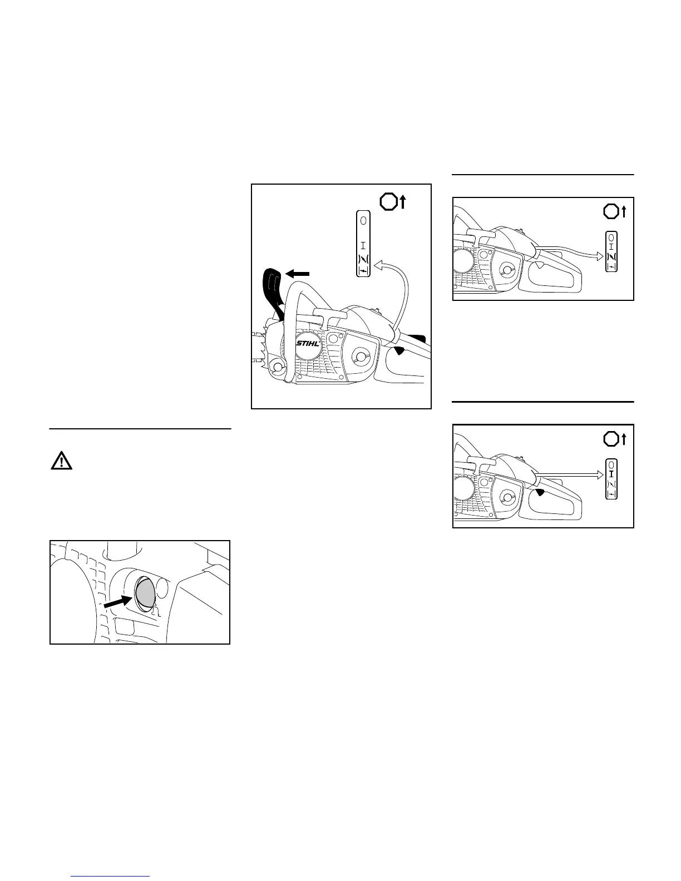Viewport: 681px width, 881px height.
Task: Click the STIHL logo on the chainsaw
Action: pyautogui.click(x=308, y=344)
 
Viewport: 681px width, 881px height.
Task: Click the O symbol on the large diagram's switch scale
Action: pyautogui.click(x=363, y=220)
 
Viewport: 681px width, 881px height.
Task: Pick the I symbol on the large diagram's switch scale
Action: pyautogui.click(x=363, y=244)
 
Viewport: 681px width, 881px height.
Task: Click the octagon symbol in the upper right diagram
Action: pyautogui.click(x=610, y=211)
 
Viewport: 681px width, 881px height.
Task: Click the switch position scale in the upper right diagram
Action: pyautogui.click(x=612, y=251)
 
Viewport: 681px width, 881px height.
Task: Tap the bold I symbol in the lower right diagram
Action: pyautogui.click(x=611, y=474)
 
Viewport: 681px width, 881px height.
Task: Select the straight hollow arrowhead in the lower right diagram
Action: pyautogui.click(x=600, y=474)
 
